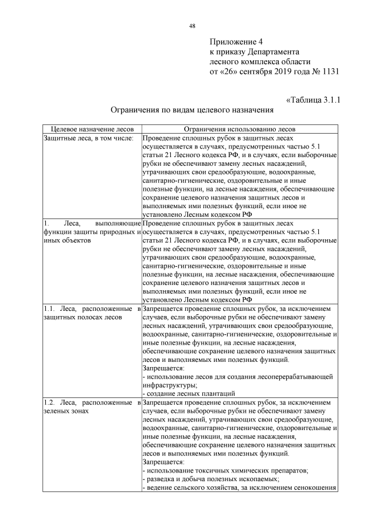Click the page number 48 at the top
pyautogui.click(x=192, y=26)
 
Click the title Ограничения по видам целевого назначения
pyautogui.click(x=192, y=109)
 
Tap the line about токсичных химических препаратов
pyautogui.click(x=224, y=470)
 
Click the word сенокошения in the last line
pyautogui.click(x=314, y=487)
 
